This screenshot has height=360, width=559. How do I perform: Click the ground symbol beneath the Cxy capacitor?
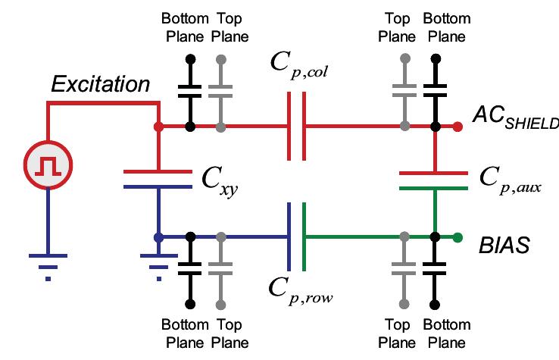[x=158, y=262]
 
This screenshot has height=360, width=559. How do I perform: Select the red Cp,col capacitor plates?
[x=297, y=127]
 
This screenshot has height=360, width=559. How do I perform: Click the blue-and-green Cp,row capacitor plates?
[x=297, y=237]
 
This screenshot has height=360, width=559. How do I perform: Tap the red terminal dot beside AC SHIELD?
[x=458, y=127]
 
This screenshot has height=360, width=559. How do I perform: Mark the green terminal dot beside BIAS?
[x=458, y=237]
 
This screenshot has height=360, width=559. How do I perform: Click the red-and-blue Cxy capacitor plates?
[x=158, y=177]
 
